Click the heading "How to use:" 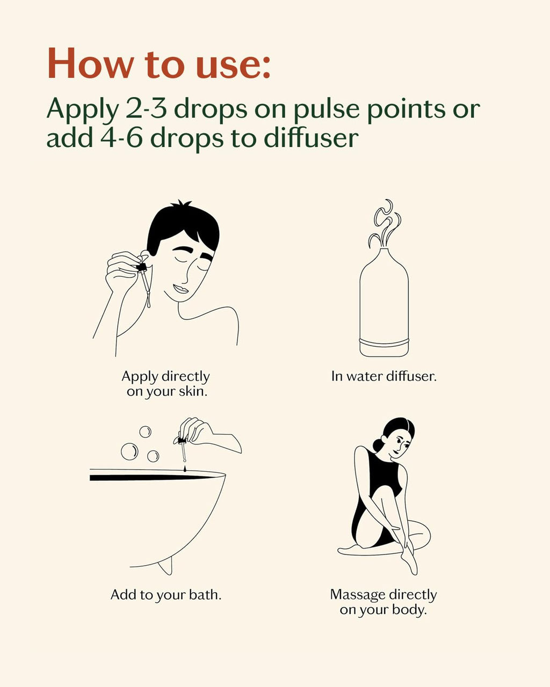click(x=159, y=63)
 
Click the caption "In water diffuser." click(x=384, y=376)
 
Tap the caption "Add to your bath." click(x=166, y=595)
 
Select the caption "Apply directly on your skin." click(x=166, y=384)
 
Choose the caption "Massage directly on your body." click(x=383, y=602)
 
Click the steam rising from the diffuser click(x=385, y=223)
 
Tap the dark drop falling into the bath click(x=185, y=468)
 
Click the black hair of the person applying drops click(x=182, y=228)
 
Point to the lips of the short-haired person click(x=182, y=289)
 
